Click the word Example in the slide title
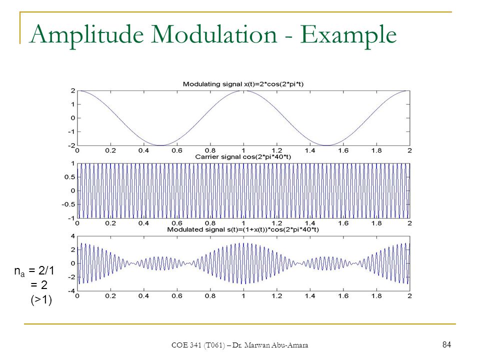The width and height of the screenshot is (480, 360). tap(348, 35)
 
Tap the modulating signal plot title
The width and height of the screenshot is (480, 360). tap(243, 84)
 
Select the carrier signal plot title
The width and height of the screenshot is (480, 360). tap(243, 157)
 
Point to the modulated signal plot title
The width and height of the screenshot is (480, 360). tap(243, 229)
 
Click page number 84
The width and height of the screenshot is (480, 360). tap(446, 344)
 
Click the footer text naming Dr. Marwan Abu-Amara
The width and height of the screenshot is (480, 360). tap(270, 345)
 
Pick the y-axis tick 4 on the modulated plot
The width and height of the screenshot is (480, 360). tap(73, 236)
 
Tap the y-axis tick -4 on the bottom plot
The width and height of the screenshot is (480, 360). tap(71, 290)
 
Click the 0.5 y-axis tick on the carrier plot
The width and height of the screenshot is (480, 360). tap(70, 177)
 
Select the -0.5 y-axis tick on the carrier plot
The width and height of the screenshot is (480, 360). tap(68, 204)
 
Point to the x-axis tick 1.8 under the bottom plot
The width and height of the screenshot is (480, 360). tap(376, 296)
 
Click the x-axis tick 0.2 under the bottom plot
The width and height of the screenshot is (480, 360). tap(110, 296)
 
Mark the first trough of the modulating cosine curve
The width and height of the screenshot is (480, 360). tap(160, 145)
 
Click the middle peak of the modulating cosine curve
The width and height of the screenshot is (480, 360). tap(243, 91)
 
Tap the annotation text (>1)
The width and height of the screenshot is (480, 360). tap(41, 299)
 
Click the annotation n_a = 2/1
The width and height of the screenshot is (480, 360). tap(34, 271)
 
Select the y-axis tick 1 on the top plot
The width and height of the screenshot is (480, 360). tap(73, 104)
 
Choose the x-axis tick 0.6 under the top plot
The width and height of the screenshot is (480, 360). tap(177, 150)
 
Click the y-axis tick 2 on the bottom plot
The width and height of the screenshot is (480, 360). tap(73, 250)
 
